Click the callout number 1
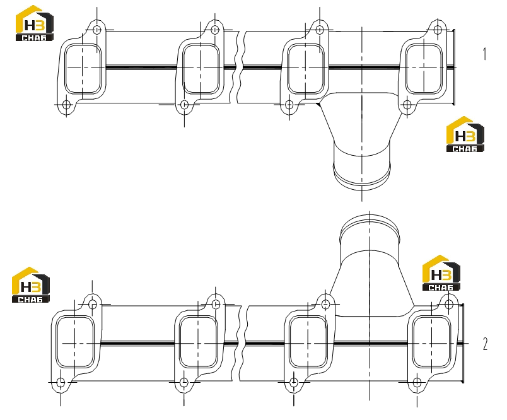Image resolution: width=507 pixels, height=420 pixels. click(484, 54)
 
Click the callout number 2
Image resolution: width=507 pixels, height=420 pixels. click(485, 344)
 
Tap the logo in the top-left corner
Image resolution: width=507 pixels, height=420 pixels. click(35, 23)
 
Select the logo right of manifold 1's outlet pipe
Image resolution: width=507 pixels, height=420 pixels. click(465, 134)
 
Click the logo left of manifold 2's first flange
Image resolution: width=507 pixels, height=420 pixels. click(31, 285)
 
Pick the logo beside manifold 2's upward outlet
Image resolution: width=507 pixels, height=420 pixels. click(441, 273)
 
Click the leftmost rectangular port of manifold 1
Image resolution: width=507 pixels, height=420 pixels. click(83, 69)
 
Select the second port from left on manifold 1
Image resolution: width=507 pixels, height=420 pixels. click(201, 69)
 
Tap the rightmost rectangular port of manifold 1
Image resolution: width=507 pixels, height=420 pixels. click(424, 69)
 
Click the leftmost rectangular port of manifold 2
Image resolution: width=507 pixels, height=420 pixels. click(74, 342)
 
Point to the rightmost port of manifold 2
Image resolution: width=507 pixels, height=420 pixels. click(432, 342)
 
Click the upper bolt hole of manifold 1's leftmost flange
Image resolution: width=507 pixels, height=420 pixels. click(97, 30)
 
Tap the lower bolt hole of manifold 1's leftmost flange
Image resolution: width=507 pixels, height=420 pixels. click(66, 105)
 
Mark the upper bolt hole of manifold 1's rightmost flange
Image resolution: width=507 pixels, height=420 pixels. click(438, 30)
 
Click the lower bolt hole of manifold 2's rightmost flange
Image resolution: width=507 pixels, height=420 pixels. click(417, 383)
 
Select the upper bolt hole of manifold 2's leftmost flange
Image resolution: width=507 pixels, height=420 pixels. click(93, 304)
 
